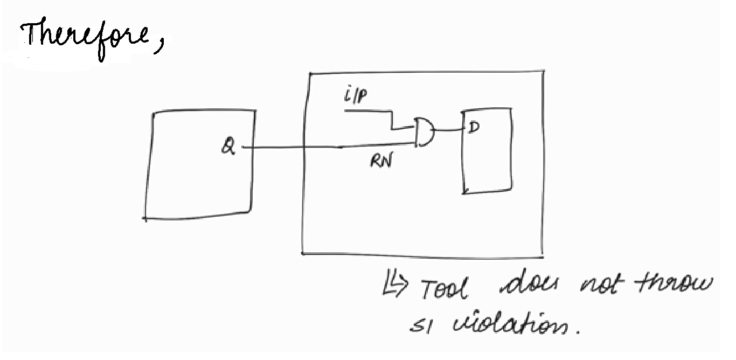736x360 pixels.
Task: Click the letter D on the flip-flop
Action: pyautogui.click(x=473, y=128)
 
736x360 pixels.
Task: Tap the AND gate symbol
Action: pyautogui.click(x=425, y=133)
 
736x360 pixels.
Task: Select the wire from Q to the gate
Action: pyautogui.click(x=323, y=146)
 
